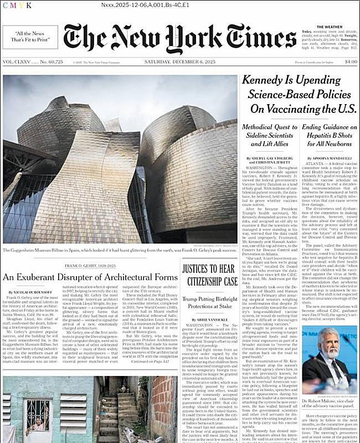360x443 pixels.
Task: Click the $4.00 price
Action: pos(351,61)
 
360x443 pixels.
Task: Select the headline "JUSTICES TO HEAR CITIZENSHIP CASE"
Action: pos(210,274)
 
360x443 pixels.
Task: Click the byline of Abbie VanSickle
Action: pos(210,320)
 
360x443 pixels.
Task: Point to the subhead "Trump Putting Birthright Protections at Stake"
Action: pos(210,302)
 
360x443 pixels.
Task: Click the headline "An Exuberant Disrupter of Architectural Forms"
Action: pos(90,277)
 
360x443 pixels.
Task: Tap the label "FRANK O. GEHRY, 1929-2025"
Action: pos(90,266)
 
